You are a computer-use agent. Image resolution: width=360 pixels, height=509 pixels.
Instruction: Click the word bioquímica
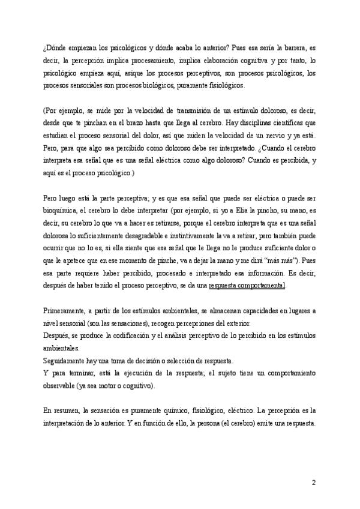61,210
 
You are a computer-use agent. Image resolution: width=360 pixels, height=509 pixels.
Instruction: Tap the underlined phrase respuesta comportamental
247,285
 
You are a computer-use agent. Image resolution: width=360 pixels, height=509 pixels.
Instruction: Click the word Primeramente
65,311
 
